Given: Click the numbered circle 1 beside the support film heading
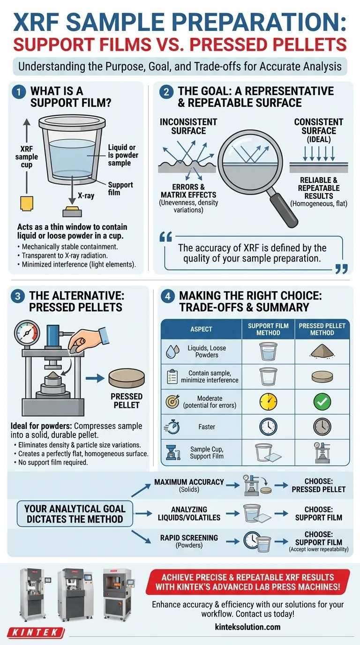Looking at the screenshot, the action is click(19, 92).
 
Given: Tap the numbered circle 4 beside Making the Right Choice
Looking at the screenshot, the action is click(168, 296).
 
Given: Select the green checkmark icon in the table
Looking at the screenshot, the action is click(322, 402).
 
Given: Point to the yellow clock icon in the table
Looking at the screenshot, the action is click(268, 402).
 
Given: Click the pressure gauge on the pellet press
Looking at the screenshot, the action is click(27, 332).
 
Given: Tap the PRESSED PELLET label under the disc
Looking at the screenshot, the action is click(127, 400).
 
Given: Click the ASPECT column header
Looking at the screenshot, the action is click(201, 329).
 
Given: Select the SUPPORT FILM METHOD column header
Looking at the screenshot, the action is click(268, 329).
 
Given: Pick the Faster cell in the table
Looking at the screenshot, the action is click(207, 427).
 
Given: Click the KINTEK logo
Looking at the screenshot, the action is click(35, 633).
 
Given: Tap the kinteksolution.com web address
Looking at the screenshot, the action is click(247, 627).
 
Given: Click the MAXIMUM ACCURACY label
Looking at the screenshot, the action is click(189, 482).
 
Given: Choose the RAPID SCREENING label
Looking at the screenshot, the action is click(189, 538).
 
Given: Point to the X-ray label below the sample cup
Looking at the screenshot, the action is click(86, 196).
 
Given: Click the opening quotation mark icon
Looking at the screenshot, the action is click(165, 237).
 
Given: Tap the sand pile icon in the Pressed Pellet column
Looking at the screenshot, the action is click(322, 351).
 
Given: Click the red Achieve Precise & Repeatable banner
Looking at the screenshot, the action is click(247, 582).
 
